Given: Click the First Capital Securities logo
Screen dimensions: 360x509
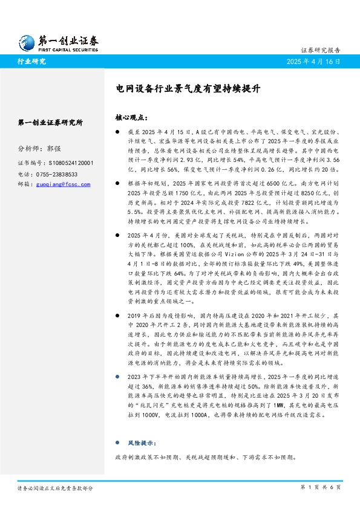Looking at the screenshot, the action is click(57, 42).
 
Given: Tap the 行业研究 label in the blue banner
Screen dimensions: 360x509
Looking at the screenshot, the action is click(31, 62).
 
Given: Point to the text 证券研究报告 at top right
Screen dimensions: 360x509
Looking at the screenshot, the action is click(321, 51).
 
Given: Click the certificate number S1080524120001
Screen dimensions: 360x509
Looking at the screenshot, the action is click(72, 163).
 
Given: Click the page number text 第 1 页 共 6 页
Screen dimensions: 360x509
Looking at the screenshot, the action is click(321, 487).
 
